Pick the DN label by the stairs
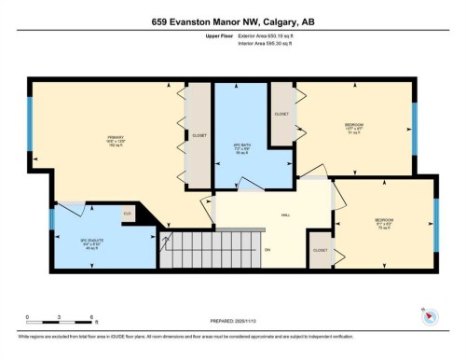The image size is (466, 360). click(267, 250)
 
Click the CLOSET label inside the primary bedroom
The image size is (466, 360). click(199, 135)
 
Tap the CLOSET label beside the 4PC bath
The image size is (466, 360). click(281, 114)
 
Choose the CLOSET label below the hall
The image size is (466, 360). click(320, 251)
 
